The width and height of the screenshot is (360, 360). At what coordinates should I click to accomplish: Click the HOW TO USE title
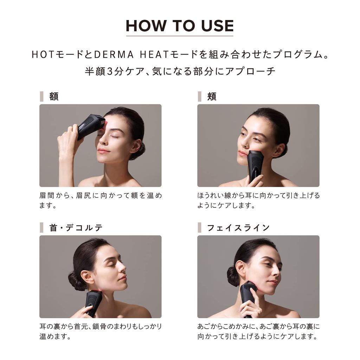click(180, 26)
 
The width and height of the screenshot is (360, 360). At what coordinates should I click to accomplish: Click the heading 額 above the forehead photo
click(54, 96)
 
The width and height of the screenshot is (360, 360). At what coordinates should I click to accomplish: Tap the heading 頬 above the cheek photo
click(212, 96)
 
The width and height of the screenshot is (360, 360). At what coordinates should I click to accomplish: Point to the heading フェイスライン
click(238, 227)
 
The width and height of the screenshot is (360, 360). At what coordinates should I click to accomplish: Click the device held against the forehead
click(91, 126)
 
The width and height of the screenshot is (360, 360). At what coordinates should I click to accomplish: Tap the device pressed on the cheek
click(255, 164)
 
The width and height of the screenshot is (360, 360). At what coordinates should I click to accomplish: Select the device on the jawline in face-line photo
click(248, 294)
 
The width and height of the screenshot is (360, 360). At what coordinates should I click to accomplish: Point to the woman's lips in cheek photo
click(242, 153)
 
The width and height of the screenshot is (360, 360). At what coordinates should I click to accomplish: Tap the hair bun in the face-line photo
click(233, 276)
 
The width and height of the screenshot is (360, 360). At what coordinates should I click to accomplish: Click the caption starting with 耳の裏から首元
click(101, 332)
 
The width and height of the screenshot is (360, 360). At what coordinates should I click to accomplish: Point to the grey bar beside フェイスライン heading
click(199, 227)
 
